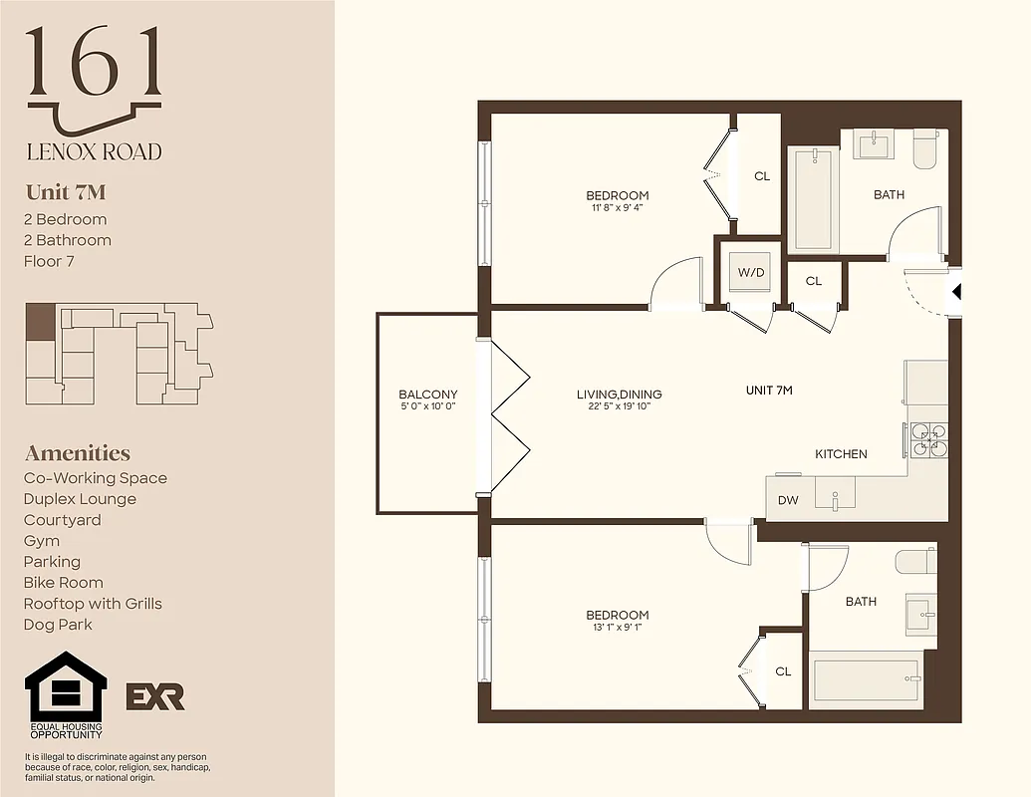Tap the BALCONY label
(x=427, y=395)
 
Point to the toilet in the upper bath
(x=924, y=147)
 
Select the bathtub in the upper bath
(x=813, y=198)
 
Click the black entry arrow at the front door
(x=956, y=293)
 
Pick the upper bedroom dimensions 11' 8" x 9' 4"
(x=617, y=208)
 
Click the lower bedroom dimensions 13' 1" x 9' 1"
(x=617, y=628)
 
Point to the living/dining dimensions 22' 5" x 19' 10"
(x=619, y=407)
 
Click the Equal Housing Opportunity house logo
(x=66, y=687)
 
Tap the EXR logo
(x=154, y=696)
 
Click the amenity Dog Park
(x=58, y=625)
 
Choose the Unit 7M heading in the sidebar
(x=65, y=192)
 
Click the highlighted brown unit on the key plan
(x=39, y=323)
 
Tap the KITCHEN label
(x=841, y=454)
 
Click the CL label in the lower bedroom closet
(x=783, y=671)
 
